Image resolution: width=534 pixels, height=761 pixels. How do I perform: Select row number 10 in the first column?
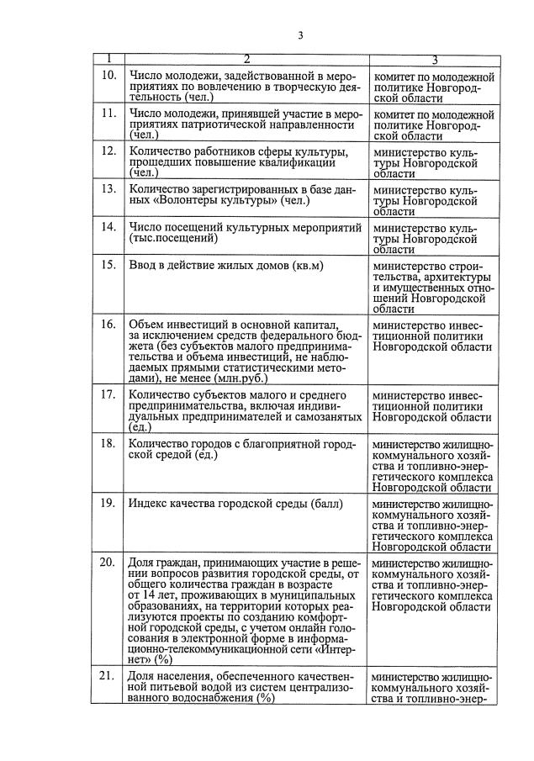(108, 77)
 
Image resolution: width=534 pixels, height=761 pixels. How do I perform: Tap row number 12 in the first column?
(108, 151)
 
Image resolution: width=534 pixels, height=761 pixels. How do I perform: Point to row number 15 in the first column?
(108, 266)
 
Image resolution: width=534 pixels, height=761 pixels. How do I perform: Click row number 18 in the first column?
(108, 443)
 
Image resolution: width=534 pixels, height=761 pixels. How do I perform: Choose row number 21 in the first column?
(108, 676)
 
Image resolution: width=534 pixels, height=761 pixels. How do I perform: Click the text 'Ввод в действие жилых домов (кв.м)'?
(225, 266)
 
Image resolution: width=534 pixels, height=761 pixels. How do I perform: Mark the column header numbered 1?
(108, 60)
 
